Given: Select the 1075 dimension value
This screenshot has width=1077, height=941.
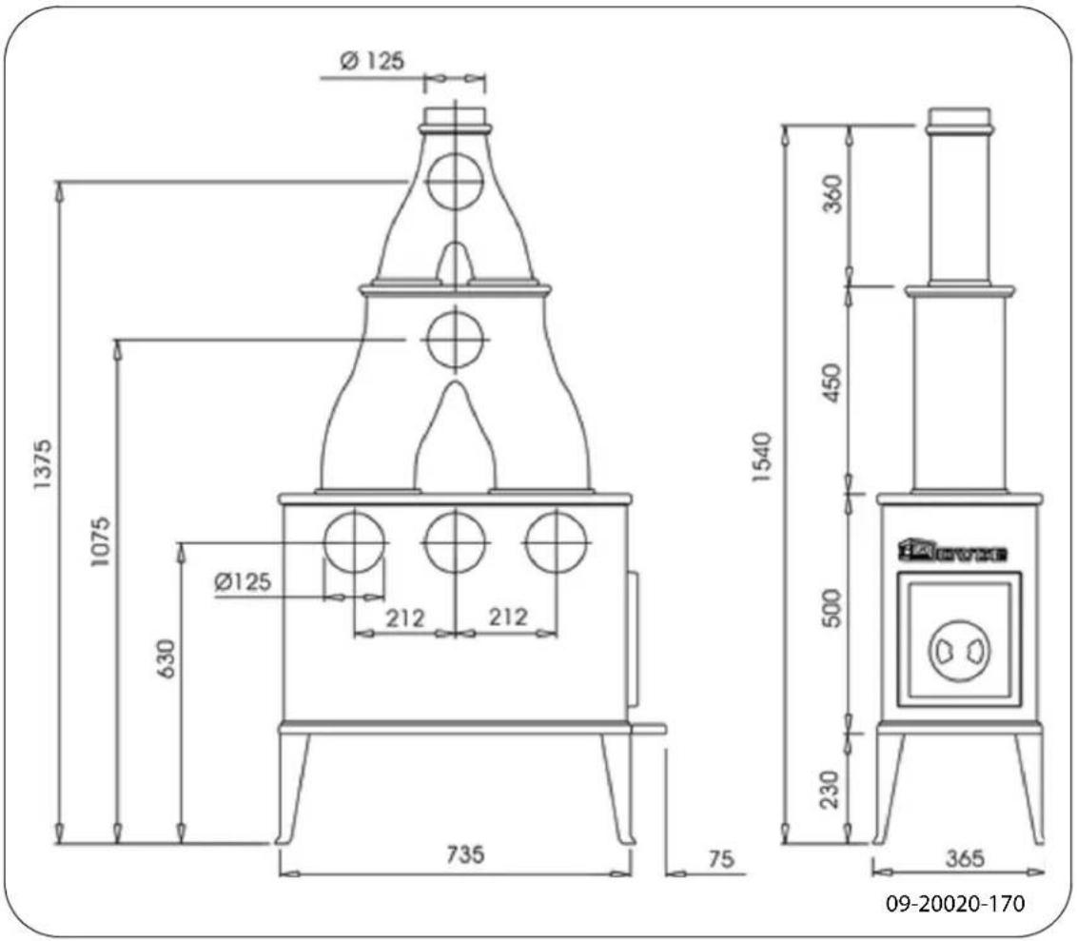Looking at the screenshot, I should pyautogui.click(x=102, y=542).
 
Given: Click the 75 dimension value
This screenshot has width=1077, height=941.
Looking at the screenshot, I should pyautogui.click(x=721, y=859).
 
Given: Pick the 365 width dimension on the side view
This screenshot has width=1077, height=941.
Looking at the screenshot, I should pyautogui.click(x=965, y=858).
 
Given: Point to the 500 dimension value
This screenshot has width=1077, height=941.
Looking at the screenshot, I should pyautogui.click(x=833, y=609).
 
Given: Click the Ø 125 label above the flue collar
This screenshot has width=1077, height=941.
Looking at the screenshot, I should pyautogui.click(x=372, y=61).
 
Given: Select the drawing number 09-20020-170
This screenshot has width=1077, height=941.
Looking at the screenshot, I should pyautogui.click(x=955, y=903).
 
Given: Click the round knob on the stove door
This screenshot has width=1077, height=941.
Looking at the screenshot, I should pyautogui.click(x=958, y=651).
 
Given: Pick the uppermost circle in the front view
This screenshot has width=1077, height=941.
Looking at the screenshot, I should pyautogui.click(x=455, y=181).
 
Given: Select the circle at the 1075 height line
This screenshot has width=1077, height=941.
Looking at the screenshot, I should pyautogui.click(x=455, y=339).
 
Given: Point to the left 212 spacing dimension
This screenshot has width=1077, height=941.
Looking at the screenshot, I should pyautogui.click(x=405, y=618).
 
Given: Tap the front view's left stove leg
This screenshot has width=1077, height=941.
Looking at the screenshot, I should pyautogui.click(x=293, y=790).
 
